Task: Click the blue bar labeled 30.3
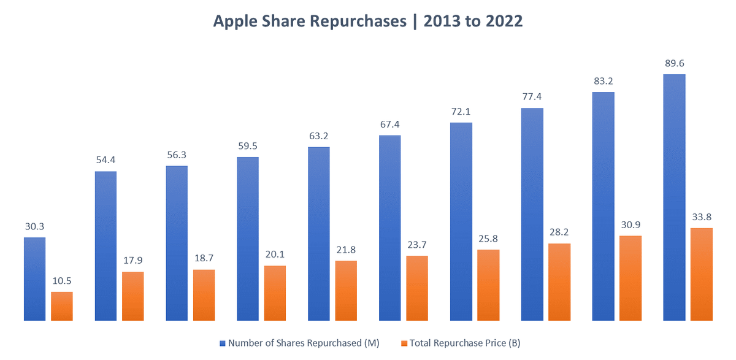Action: (34, 279)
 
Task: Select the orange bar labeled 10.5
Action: (61, 306)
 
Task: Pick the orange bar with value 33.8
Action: (701, 274)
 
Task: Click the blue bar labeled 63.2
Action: (318, 234)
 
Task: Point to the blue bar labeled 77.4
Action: (532, 215)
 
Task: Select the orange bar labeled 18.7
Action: (204, 295)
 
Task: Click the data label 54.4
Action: (105, 160)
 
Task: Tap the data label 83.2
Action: (603, 81)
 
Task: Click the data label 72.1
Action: (461, 112)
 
